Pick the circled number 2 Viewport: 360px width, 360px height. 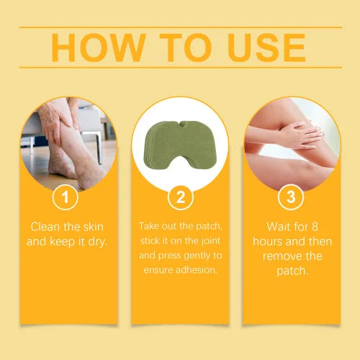click(x=179, y=196)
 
